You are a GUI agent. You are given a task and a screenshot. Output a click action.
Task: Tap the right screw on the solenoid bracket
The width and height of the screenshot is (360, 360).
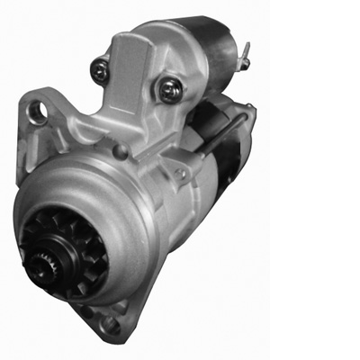tap(168, 88)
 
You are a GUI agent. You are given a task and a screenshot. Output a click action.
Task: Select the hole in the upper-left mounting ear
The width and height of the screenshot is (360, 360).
tap(38, 111)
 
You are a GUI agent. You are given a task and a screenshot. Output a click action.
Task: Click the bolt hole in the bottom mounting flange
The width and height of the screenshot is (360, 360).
tap(110, 323)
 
